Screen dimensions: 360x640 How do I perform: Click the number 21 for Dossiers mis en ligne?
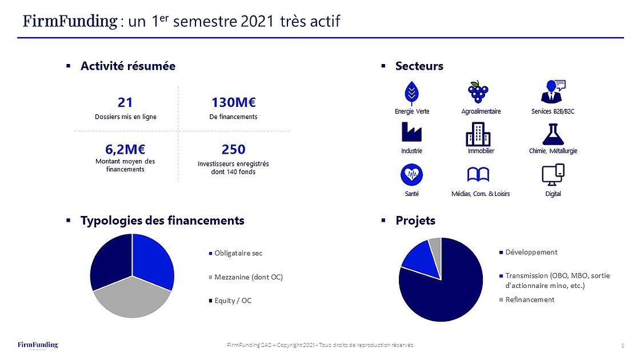pos(125,102)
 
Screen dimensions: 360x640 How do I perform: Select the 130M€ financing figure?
pos(233,102)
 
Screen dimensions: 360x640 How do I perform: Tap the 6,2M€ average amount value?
pos(125,149)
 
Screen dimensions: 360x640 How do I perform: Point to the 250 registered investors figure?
pos(233,149)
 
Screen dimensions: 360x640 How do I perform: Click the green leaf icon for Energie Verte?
pos(411,92)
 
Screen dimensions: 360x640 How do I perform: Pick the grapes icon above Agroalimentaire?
pos(479,91)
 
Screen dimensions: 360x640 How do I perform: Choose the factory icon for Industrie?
pos(411,133)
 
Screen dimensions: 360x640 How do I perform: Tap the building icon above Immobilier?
pos(478,134)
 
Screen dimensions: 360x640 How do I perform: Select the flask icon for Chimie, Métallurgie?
pos(553,134)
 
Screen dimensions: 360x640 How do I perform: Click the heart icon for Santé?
pos(411,174)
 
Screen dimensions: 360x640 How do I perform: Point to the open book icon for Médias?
pos(478,175)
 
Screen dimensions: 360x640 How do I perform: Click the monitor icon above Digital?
pos(552,175)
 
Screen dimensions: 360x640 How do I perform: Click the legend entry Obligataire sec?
pos(238,253)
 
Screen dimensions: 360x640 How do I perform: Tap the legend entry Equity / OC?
pos(233,301)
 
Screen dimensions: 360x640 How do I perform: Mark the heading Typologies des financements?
pos(162,221)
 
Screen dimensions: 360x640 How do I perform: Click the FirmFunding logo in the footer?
pos(38,345)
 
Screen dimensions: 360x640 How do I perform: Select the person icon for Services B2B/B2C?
pos(552,91)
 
